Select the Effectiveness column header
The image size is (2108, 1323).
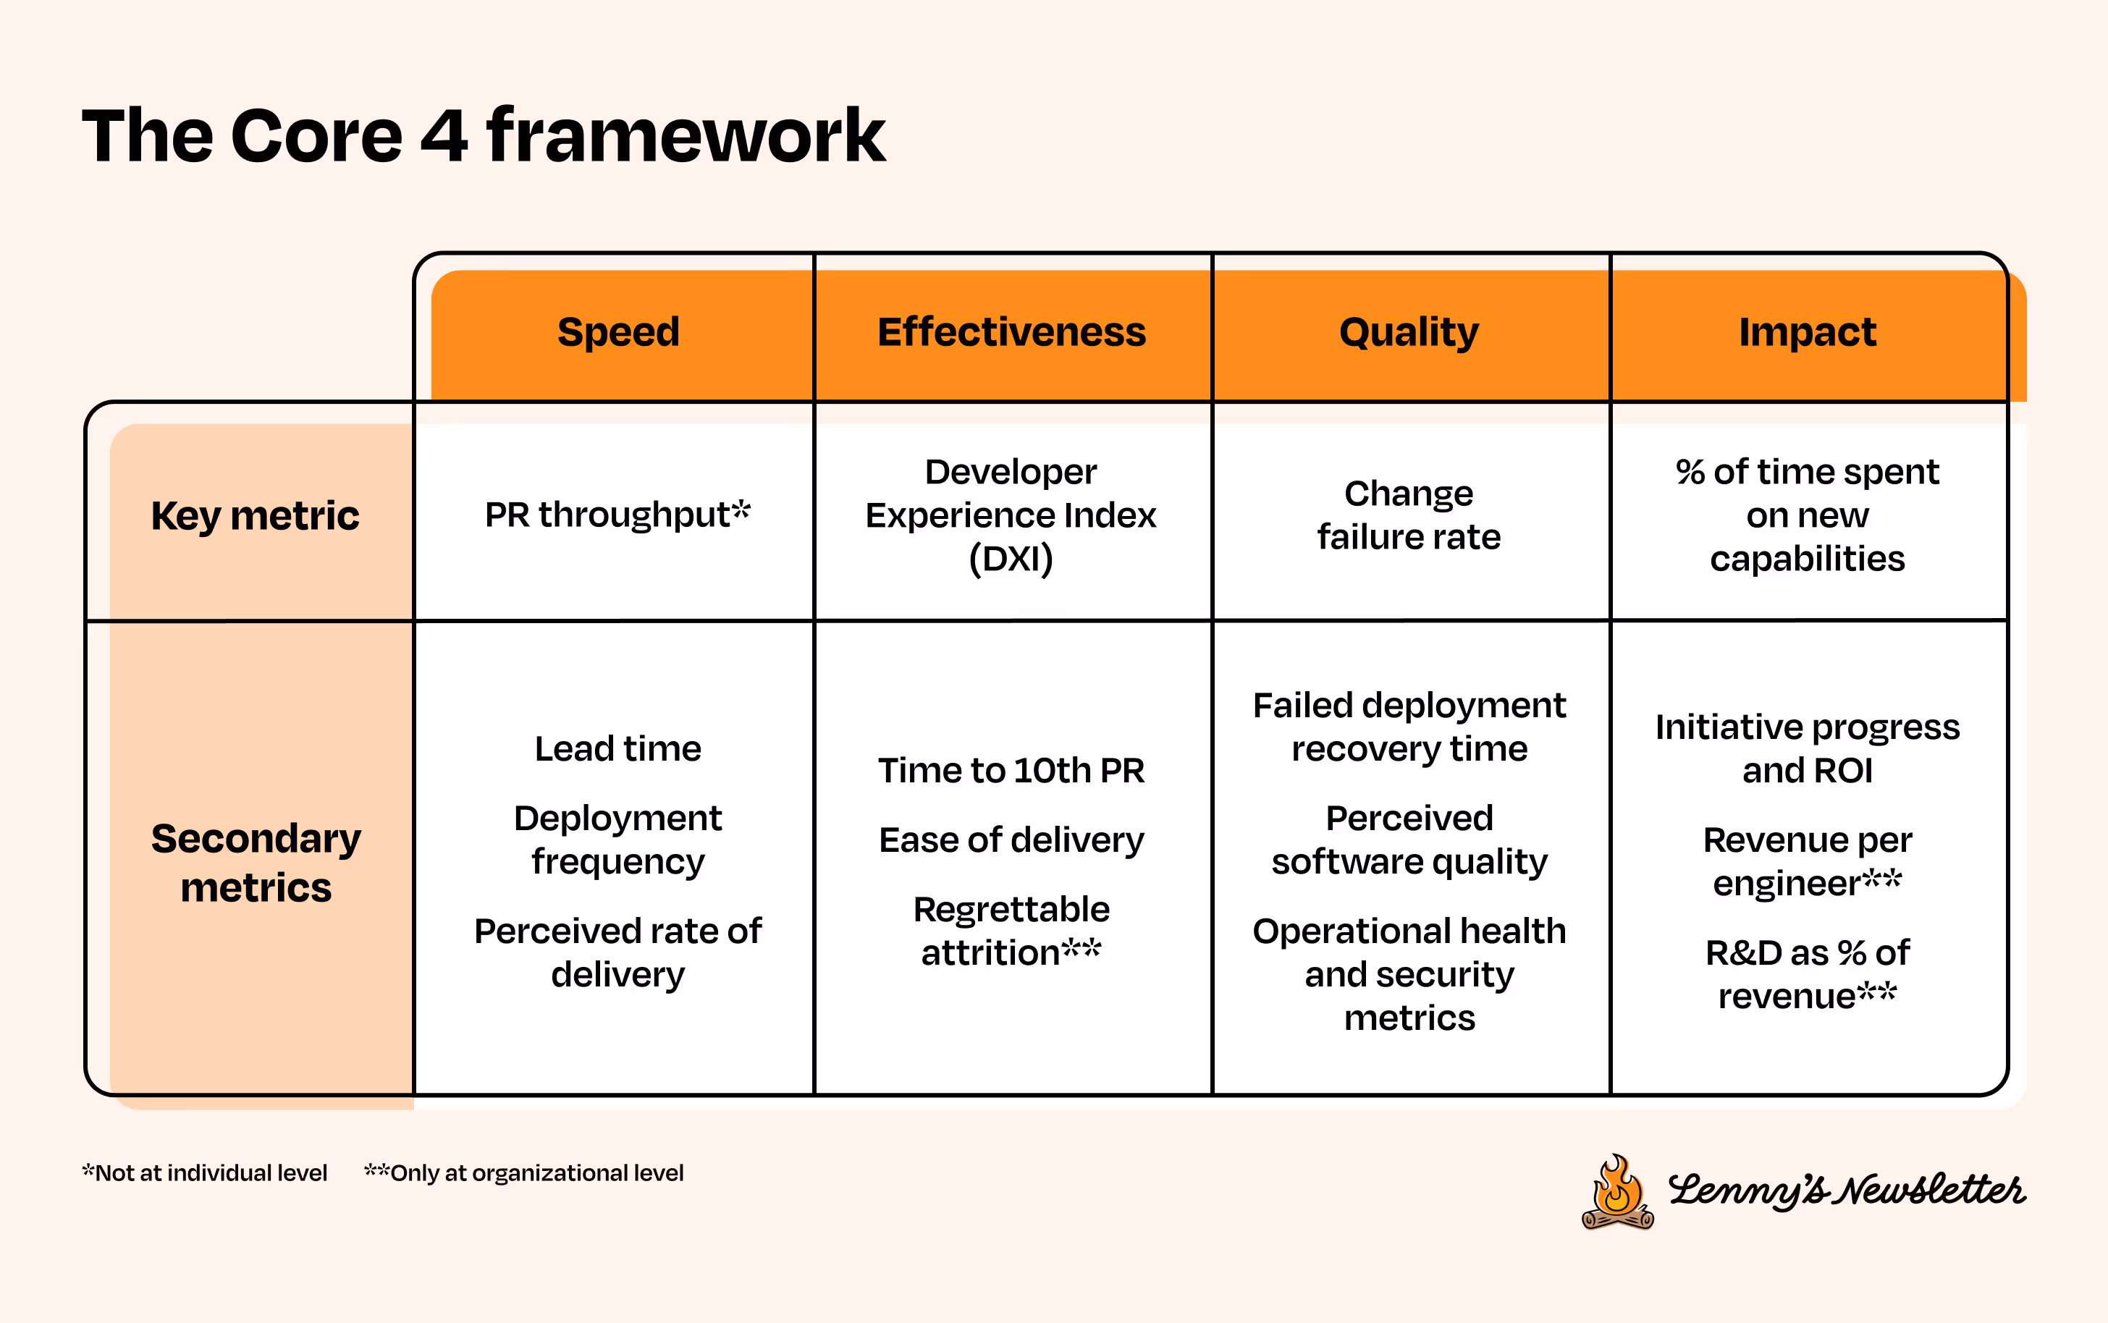pyautogui.click(x=1011, y=332)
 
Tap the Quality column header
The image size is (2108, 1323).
pyautogui.click(x=1409, y=332)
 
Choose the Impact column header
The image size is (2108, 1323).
pyautogui.click(x=1807, y=332)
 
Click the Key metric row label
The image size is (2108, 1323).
pyautogui.click(x=255, y=516)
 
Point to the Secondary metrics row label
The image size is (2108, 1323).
pyautogui.click(x=256, y=863)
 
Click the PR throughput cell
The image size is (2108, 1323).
pyautogui.click(x=617, y=515)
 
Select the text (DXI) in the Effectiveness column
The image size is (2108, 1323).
pyautogui.click(x=1011, y=558)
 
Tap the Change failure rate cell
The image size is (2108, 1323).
pyautogui.click(x=1409, y=515)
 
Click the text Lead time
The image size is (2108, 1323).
pyautogui.click(x=617, y=749)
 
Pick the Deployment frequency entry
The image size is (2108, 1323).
pyautogui.click(x=617, y=840)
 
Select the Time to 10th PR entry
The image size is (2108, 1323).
pyautogui.click(x=1011, y=771)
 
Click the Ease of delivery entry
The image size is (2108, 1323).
pyautogui.click(x=1011, y=840)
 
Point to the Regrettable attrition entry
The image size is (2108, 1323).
pyautogui.click(x=1011, y=931)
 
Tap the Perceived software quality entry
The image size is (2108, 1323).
pyautogui.click(x=1409, y=840)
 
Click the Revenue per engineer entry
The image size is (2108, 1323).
pyautogui.click(x=1807, y=862)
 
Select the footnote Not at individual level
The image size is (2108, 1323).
pyautogui.click(x=205, y=1173)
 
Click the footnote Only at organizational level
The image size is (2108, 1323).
pyautogui.click(x=524, y=1173)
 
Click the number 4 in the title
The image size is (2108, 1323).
pyautogui.click(x=444, y=137)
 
